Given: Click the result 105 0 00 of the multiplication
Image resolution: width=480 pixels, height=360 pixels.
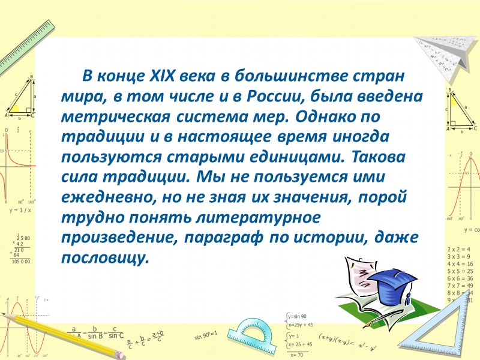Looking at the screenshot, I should (x=22, y=262).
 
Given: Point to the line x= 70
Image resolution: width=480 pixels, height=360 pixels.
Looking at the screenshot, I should (x=296, y=355).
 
